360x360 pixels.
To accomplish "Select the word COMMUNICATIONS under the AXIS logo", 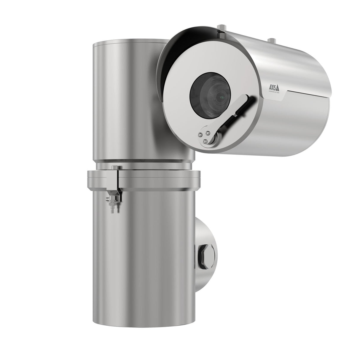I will (x=275, y=91).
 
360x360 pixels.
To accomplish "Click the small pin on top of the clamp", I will (x=114, y=168).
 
